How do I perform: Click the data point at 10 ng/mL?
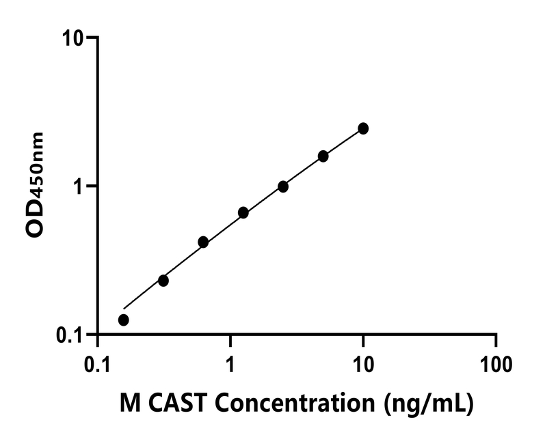point(363,128)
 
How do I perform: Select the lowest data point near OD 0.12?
point(123,320)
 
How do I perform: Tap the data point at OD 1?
point(283,186)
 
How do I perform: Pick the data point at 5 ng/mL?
point(323,156)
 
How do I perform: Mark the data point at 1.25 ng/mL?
point(243,213)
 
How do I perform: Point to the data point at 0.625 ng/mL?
point(203,242)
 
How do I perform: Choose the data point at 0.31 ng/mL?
point(163,281)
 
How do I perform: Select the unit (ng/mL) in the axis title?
point(429,404)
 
